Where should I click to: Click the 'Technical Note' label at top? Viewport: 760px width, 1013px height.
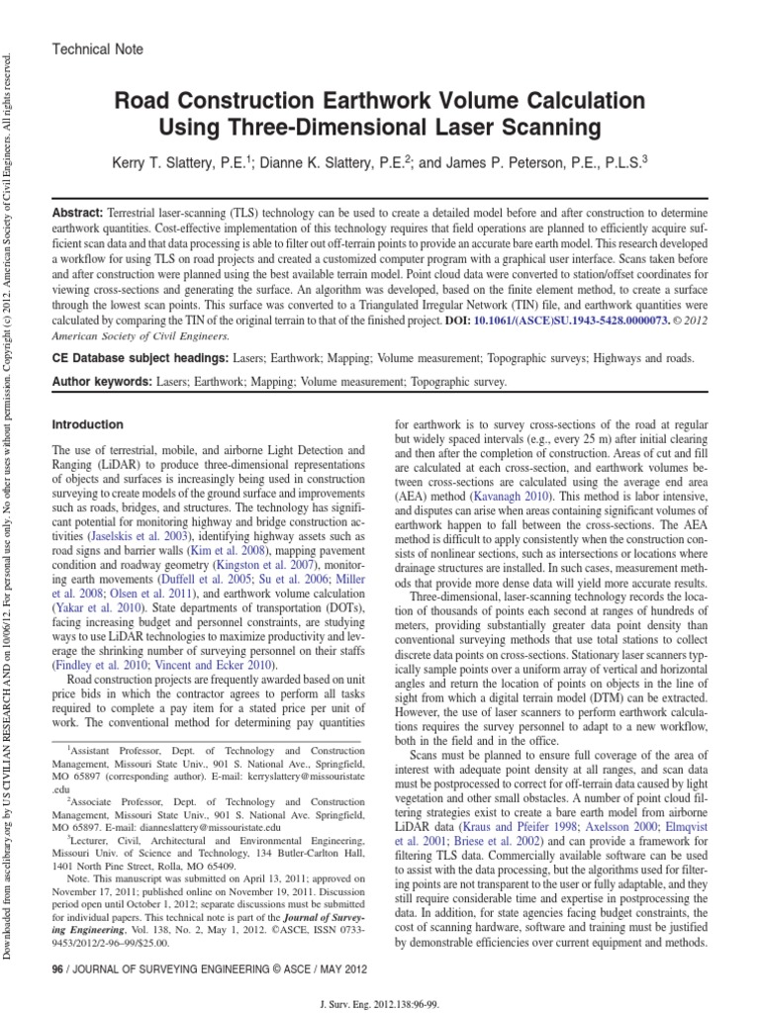click(96, 48)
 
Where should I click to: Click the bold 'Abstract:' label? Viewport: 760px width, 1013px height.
click(83, 214)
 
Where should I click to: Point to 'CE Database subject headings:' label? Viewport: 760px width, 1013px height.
click(141, 359)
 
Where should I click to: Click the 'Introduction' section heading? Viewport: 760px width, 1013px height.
click(87, 424)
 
